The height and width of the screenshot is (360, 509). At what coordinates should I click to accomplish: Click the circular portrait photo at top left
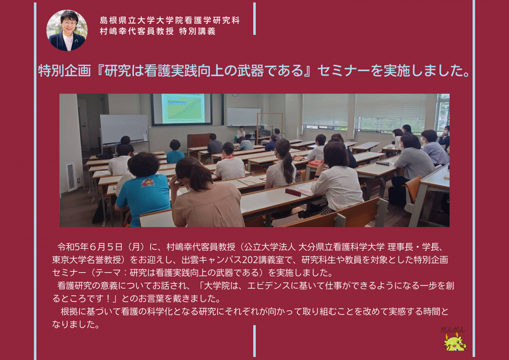click(67, 30)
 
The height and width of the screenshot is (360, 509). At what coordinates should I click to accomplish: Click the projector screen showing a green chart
click(182, 109)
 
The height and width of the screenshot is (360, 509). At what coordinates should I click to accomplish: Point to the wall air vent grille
click(71, 177)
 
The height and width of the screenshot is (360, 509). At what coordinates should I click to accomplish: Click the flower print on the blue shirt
click(148, 182)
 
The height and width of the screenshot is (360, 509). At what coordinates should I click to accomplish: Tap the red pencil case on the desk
click(293, 192)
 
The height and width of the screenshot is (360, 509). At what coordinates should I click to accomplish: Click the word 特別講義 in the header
click(197, 31)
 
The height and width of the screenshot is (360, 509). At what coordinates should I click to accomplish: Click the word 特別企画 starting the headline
click(64, 70)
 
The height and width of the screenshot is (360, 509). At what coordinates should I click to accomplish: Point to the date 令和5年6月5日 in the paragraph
click(90, 247)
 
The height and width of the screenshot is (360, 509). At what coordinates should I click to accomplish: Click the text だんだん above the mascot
click(453, 329)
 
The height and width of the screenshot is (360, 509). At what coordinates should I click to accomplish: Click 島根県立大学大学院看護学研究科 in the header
click(170, 20)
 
